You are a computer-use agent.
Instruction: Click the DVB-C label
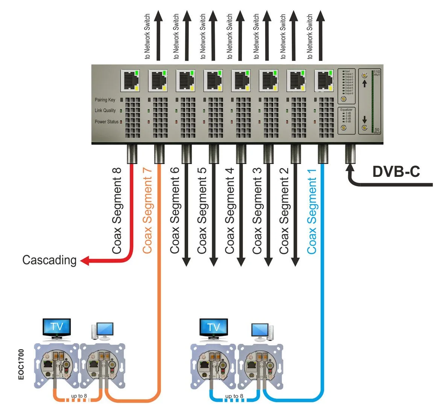pos(396,171)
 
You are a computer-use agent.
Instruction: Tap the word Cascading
pos(49,260)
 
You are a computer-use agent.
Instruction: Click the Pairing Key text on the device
pos(105,100)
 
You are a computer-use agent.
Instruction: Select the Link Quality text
pos(105,111)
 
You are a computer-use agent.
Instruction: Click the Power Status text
pos(106,122)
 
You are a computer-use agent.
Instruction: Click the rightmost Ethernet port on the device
pos(324,80)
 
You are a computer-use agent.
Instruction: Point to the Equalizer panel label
pos(346,110)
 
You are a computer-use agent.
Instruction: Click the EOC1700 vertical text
pos(21,364)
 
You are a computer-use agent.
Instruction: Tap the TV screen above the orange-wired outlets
pos(56,326)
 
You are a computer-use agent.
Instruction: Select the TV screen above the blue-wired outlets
pos(213,327)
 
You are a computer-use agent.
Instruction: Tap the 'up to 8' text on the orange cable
pos(79,396)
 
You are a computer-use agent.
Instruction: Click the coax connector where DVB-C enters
pos(351,154)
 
